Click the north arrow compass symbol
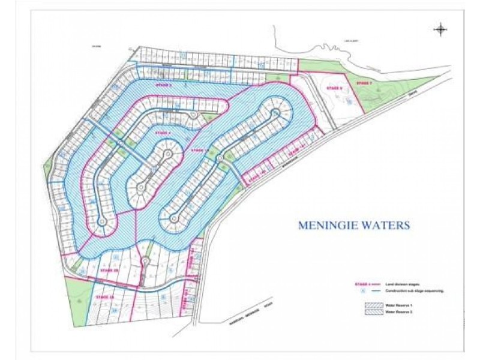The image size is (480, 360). (440, 29)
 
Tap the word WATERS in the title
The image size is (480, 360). (389, 226)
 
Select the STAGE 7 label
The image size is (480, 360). (364, 83)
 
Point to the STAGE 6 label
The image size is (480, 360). (334, 88)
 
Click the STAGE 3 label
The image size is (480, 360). (164, 86)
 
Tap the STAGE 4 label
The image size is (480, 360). (163, 133)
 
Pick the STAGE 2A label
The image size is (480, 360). (104, 296)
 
